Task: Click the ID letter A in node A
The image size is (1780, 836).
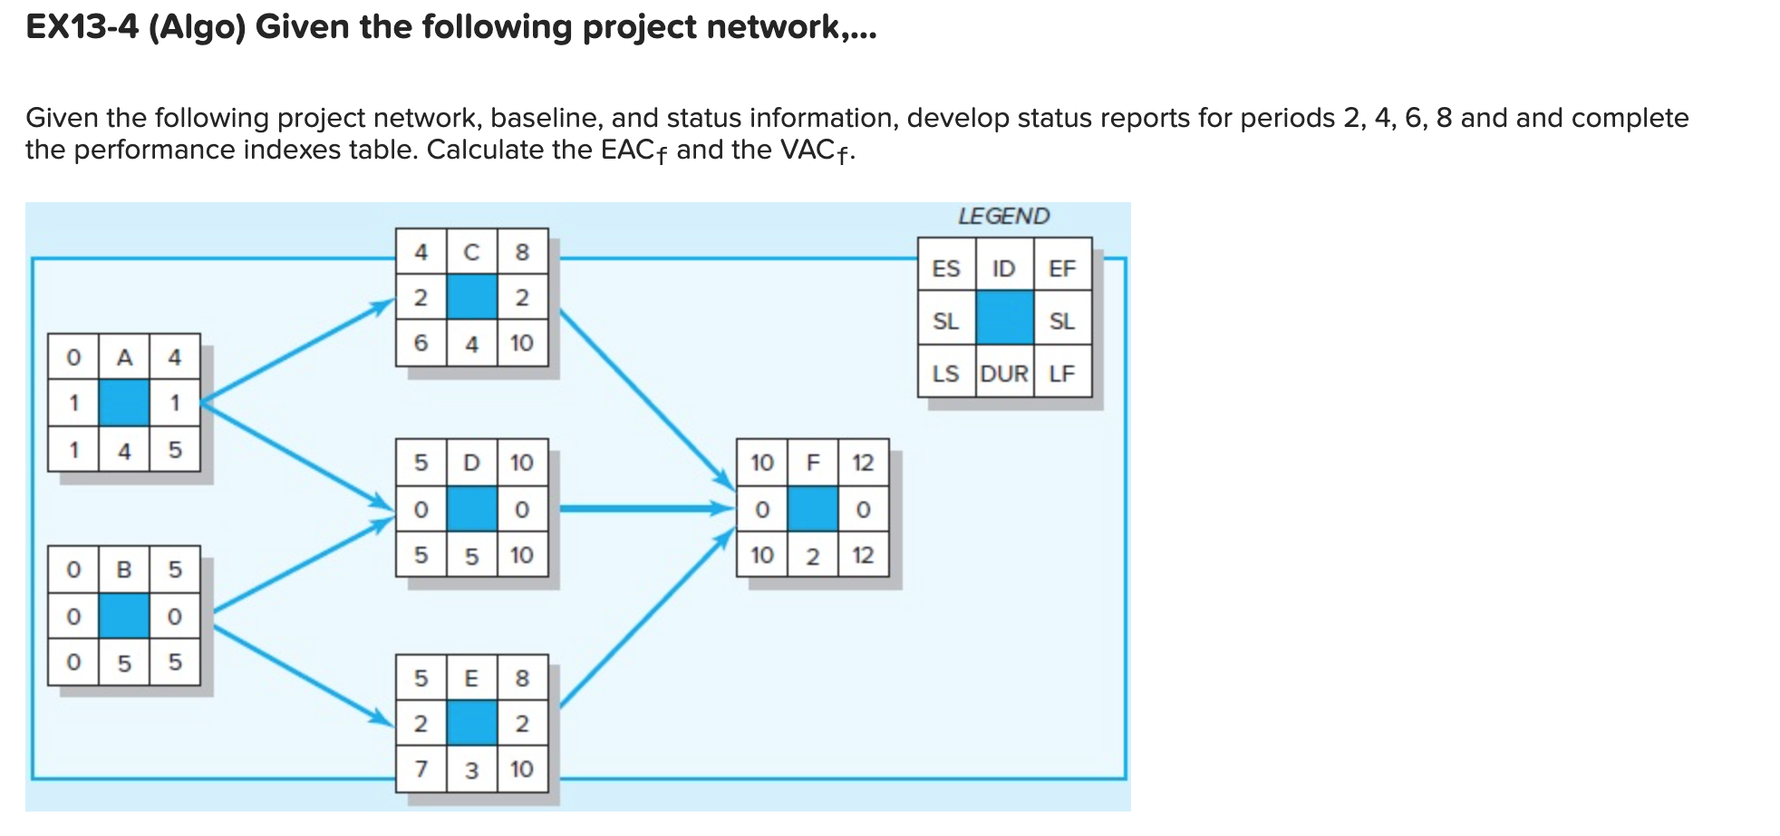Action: pyautogui.click(x=124, y=357)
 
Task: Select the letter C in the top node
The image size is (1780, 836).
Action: pyautogui.click(x=471, y=252)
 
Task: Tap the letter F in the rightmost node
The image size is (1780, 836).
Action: pyautogui.click(x=813, y=462)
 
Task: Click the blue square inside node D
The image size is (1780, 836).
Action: pyautogui.click(x=471, y=509)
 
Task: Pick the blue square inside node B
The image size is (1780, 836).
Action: pyautogui.click(x=124, y=616)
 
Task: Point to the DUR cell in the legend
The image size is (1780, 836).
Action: pyautogui.click(x=1004, y=374)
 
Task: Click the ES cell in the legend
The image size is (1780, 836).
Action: pyautogui.click(x=945, y=268)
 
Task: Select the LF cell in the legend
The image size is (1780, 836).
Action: pyautogui.click(x=1061, y=374)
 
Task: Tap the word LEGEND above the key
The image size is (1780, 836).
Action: pyautogui.click(x=1003, y=216)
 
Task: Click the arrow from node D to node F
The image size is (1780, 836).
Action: pyautogui.click(x=643, y=509)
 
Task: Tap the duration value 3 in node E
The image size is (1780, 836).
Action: pyautogui.click(x=471, y=771)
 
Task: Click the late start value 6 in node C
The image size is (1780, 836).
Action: pyautogui.click(x=421, y=343)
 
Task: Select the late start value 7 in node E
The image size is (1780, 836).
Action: pyautogui.click(x=421, y=769)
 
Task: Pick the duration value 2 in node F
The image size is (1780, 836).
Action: pyautogui.click(x=813, y=556)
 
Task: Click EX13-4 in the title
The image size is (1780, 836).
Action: pyautogui.click(x=82, y=27)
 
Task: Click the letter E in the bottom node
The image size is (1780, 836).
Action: pyautogui.click(x=471, y=678)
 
